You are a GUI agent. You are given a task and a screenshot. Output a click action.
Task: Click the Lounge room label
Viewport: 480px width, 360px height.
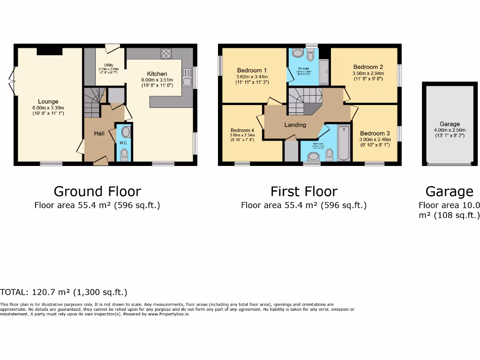point(48,101)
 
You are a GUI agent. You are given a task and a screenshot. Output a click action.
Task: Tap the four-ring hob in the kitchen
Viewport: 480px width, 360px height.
point(166,54)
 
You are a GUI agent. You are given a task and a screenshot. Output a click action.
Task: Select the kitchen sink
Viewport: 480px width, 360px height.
point(187,78)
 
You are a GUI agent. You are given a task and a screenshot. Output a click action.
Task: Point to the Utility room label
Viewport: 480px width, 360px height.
point(105,65)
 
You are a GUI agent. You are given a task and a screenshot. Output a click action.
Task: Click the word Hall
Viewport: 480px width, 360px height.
point(99,134)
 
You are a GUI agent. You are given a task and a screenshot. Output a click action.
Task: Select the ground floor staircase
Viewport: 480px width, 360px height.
point(92,102)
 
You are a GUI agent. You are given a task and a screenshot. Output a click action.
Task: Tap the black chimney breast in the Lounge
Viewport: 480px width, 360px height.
point(49,51)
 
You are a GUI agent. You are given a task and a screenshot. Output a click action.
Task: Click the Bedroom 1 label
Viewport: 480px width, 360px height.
point(252,70)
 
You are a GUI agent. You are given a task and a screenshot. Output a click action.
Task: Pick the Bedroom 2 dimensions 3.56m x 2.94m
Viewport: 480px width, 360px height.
point(368,73)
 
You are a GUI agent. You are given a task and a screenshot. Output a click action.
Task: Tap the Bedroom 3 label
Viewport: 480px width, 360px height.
point(375,133)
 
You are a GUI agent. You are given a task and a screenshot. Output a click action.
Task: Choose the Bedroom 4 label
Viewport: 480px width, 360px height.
point(242,130)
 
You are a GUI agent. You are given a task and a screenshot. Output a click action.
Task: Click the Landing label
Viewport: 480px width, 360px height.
point(295,125)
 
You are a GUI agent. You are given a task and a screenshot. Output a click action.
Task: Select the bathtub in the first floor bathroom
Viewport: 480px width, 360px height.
point(344,142)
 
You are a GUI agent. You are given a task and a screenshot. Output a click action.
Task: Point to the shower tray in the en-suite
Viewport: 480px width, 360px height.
point(324,71)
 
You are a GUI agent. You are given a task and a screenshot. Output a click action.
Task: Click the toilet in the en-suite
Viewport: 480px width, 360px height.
point(309,57)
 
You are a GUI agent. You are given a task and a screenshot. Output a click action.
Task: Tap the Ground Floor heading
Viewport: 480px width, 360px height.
point(97,191)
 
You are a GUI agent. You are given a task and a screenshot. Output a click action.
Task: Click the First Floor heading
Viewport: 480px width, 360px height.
point(304,191)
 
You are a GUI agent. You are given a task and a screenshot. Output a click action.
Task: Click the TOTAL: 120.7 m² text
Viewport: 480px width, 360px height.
point(64,292)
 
